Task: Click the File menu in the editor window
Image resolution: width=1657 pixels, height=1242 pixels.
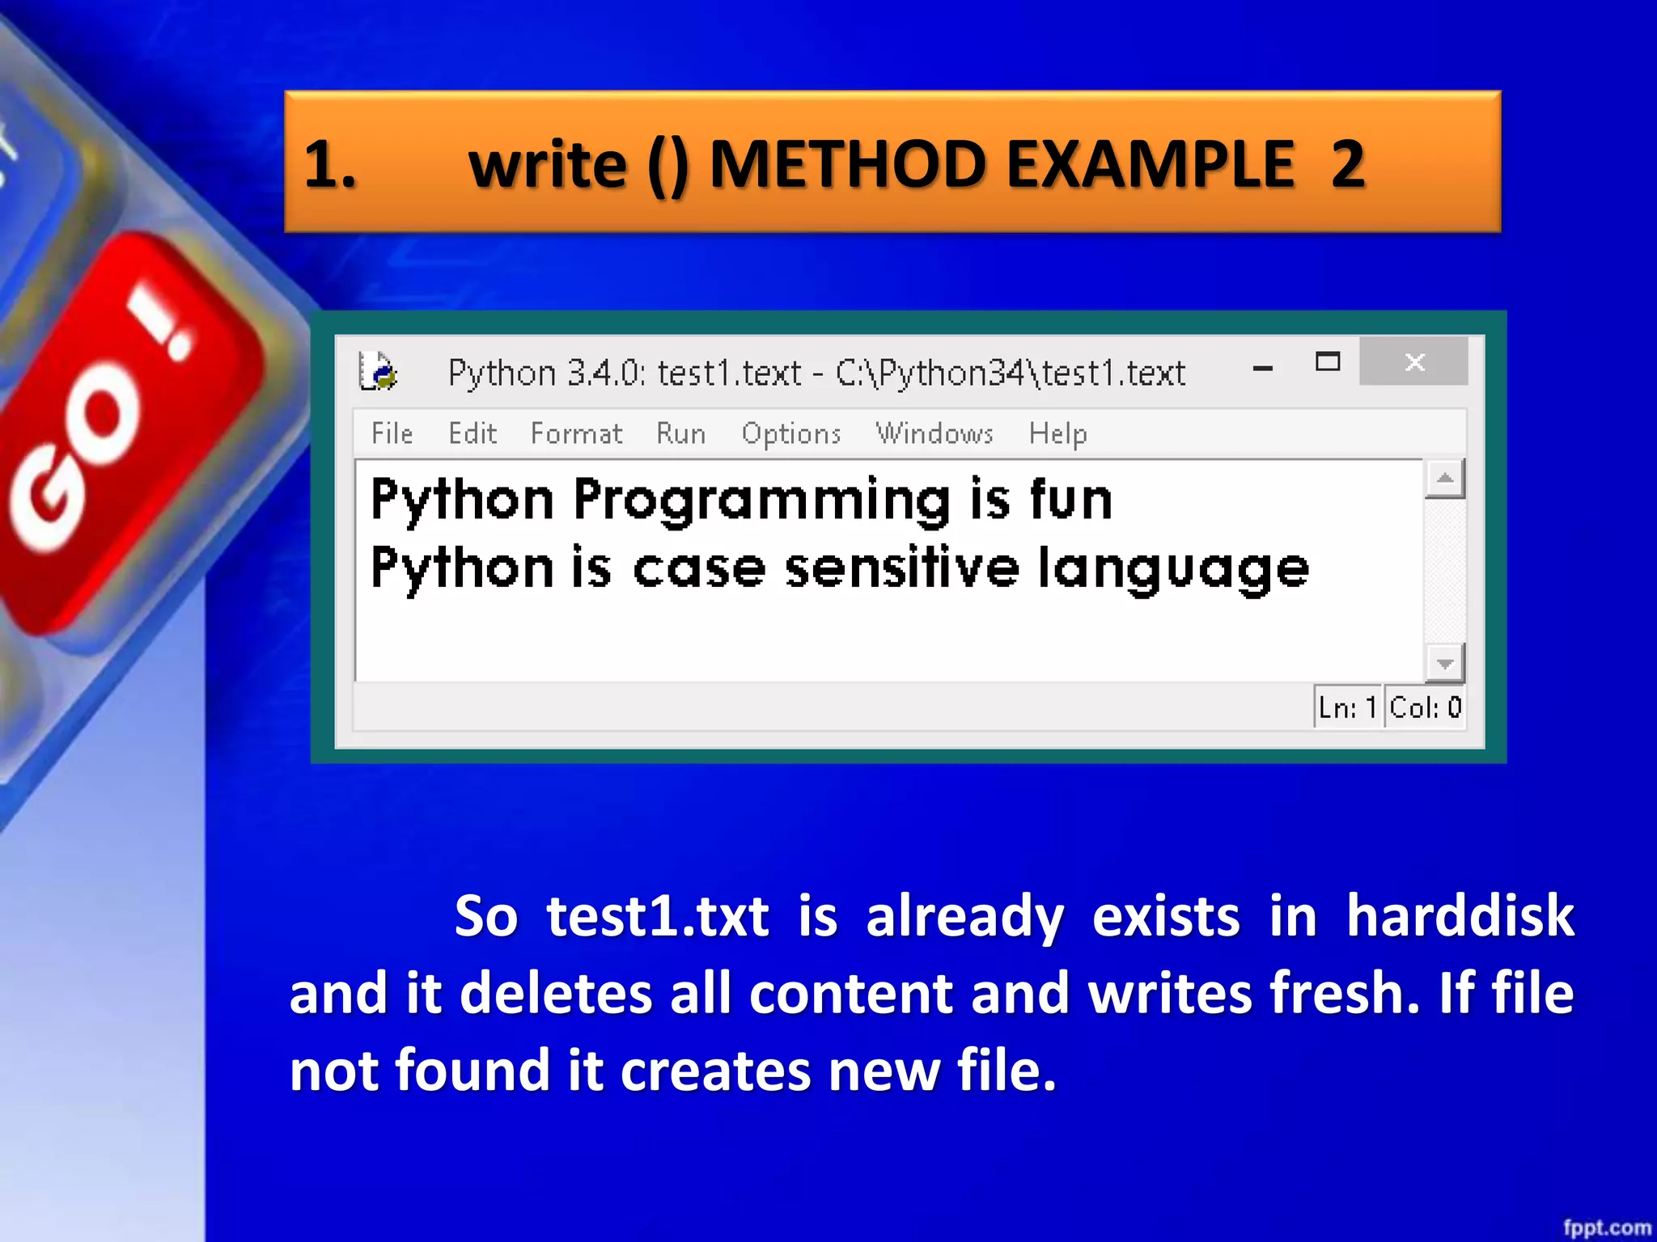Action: coord(392,433)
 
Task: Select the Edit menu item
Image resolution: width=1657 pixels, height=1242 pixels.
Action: coord(473,433)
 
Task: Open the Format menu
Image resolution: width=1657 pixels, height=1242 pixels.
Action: coord(576,433)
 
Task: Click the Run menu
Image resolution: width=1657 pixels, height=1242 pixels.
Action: coord(680,433)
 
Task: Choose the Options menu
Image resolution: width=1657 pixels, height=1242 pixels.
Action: coord(790,434)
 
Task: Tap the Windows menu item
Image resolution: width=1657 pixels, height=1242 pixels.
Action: coord(934,433)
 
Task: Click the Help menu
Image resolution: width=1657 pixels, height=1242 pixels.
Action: coord(1057,434)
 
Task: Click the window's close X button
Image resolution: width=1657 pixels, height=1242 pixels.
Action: coord(1413,362)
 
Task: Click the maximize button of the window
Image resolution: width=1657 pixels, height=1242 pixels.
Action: coord(1327,362)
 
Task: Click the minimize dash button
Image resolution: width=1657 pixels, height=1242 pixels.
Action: coord(1262,369)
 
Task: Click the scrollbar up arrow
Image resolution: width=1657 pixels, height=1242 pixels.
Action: coord(1444,479)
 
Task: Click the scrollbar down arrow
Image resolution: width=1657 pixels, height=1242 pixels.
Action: coord(1444,664)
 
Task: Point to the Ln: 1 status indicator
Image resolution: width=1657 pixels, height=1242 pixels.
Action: coord(1347,708)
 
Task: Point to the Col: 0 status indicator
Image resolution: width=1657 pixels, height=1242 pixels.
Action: coord(1425,708)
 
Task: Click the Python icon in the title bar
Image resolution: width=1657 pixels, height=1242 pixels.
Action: coord(378,372)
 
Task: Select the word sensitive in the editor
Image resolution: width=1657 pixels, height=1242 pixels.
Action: coord(901,568)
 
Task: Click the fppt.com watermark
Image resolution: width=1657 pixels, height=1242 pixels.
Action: coord(1606,1227)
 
